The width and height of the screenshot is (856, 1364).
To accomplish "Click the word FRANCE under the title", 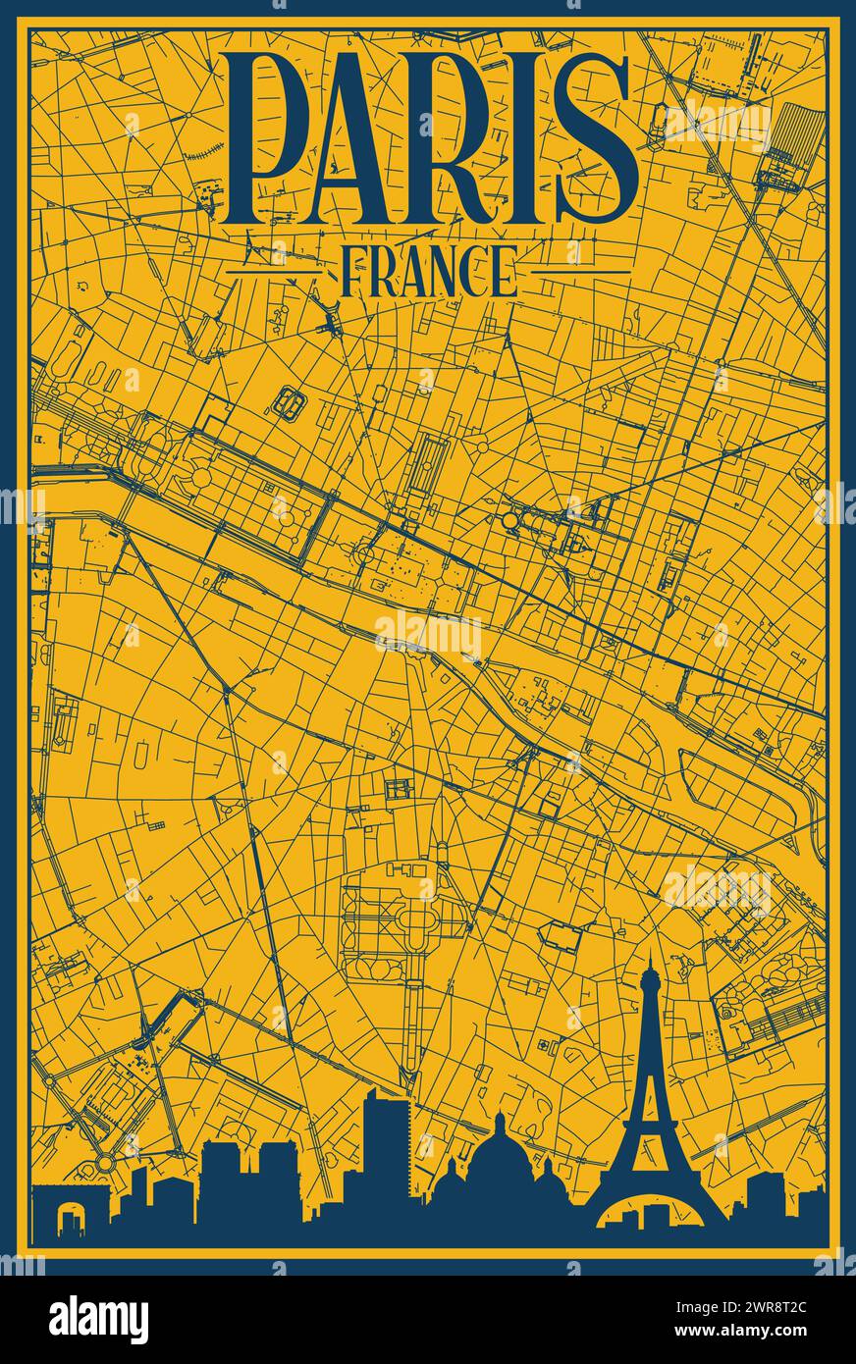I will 428,272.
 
